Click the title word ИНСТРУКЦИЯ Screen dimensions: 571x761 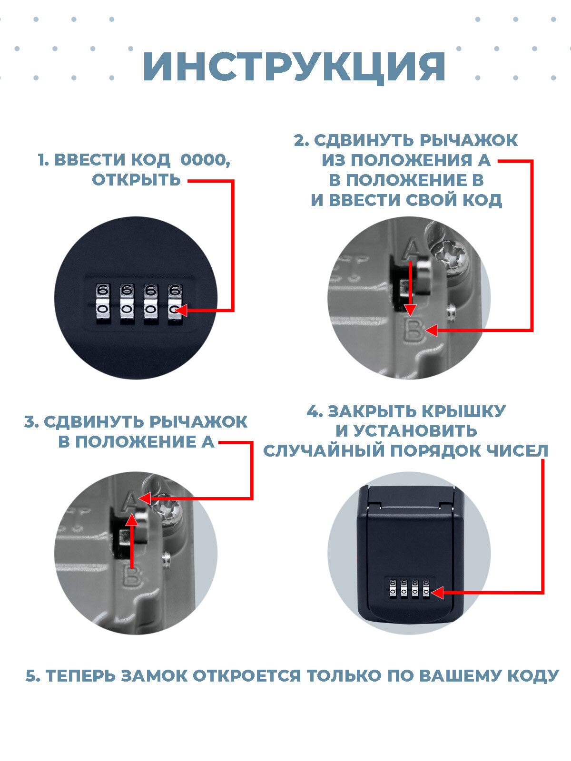pos(294,67)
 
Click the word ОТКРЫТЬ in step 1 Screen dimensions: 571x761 pos(136,180)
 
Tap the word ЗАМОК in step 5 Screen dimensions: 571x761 pos(154,676)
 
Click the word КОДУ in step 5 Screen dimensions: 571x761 pos(533,676)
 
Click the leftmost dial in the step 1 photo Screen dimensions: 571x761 pos(103,304)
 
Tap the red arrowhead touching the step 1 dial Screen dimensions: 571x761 pos(180,310)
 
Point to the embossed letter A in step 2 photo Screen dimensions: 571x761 pos(412,249)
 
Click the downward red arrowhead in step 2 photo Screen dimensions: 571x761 pos(411,310)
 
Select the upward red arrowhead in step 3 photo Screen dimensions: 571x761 pos(132,520)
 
